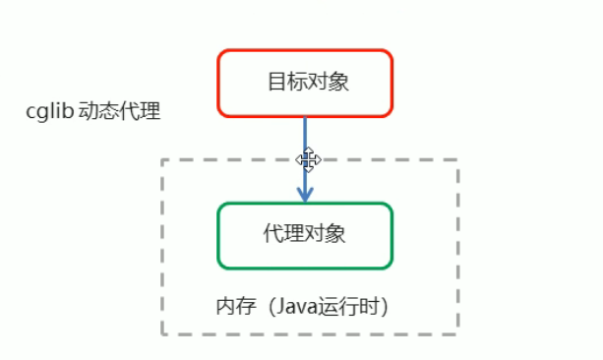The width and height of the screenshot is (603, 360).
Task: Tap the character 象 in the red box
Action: click(x=334, y=82)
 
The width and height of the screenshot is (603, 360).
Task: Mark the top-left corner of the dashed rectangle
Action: click(x=162, y=160)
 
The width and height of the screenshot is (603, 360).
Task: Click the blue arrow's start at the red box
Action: click(x=305, y=118)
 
